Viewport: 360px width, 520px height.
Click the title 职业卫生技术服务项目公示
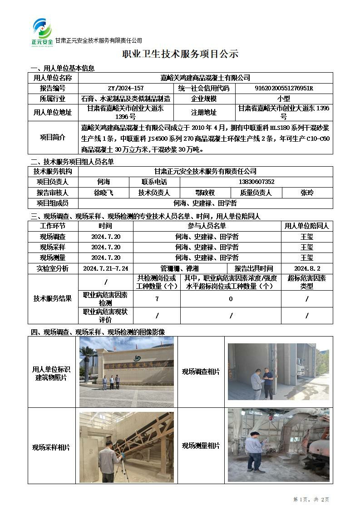(180, 54)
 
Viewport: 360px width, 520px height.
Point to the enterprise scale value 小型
(284, 99)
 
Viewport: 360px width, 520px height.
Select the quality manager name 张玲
(307, 193)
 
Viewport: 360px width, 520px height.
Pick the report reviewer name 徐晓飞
(104, 193)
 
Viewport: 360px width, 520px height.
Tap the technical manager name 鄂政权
(205, 193)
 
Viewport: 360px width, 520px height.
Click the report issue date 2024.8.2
(307, 268)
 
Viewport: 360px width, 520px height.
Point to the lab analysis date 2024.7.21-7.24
(105, 268)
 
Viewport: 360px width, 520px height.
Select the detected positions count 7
(157, 299)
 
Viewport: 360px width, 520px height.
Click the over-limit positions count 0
(231, 299)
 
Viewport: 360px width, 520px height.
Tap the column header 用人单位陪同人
(307, 226)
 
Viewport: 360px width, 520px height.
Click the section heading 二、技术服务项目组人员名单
(72, 162)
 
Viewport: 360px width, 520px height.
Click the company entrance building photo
(127, 371)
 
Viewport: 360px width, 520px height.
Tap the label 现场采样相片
(51, 447)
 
